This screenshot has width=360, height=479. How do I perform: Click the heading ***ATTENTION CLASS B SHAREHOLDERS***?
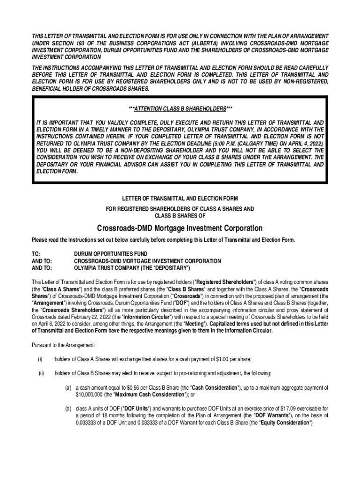[x=180, y=109]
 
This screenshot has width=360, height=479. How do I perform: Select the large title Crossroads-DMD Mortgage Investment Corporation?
[x=180, y=228]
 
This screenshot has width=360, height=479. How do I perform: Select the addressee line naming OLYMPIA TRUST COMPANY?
[x=132, y=269]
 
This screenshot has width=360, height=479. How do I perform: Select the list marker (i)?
[x=40, y=359]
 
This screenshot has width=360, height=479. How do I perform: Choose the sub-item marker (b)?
[x=68, y=408]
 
